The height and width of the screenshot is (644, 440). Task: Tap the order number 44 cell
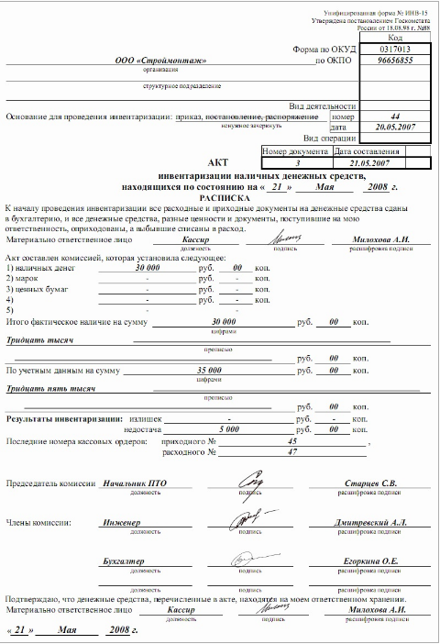[395, 117]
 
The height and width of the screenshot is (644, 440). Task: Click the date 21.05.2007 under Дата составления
[364, 161]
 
